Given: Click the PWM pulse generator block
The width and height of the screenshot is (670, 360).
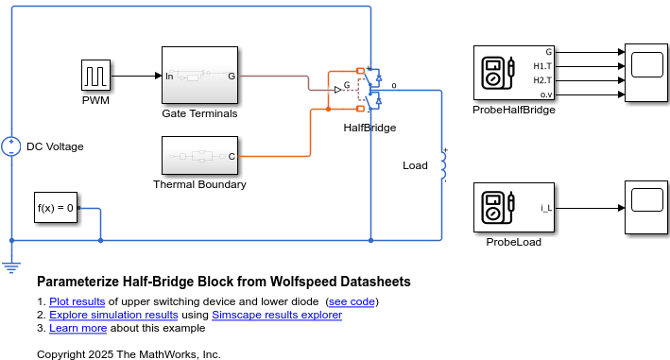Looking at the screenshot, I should coord(96,75).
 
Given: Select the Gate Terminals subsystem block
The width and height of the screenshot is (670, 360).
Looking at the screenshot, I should coord(199,75).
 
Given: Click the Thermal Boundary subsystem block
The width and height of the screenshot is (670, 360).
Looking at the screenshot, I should coord(199,156).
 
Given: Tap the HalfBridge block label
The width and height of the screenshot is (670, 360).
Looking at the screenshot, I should coord(369,128).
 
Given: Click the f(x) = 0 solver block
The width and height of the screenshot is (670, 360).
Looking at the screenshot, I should coord(56,208).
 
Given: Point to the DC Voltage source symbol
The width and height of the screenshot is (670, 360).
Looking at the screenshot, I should coord(11,146).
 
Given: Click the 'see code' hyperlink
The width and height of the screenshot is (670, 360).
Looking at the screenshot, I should coord(352,301).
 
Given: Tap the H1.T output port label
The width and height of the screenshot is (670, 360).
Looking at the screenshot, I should coord(542,66).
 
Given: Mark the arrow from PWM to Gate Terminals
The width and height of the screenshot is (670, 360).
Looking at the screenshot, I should coord(137,75).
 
